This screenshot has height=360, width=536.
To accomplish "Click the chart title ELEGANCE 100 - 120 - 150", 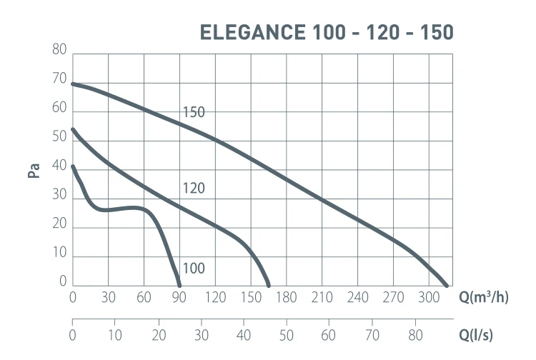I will point(327,33).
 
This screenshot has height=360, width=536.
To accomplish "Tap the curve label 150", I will point(194,112).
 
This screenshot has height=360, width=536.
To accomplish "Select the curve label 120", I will point(194,189).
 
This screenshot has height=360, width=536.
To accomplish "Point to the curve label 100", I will point(194,269).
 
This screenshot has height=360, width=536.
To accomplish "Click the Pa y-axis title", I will point(34,171).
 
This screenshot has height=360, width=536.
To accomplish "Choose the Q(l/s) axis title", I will point(475,334).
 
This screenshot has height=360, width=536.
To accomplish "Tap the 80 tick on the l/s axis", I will point(415,334).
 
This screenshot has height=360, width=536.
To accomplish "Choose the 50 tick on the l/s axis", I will point(287,334).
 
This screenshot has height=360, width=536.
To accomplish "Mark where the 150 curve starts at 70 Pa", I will point(73,84).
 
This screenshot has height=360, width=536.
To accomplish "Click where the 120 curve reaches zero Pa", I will point(269,286).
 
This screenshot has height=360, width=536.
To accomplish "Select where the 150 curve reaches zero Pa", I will point(447,286).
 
